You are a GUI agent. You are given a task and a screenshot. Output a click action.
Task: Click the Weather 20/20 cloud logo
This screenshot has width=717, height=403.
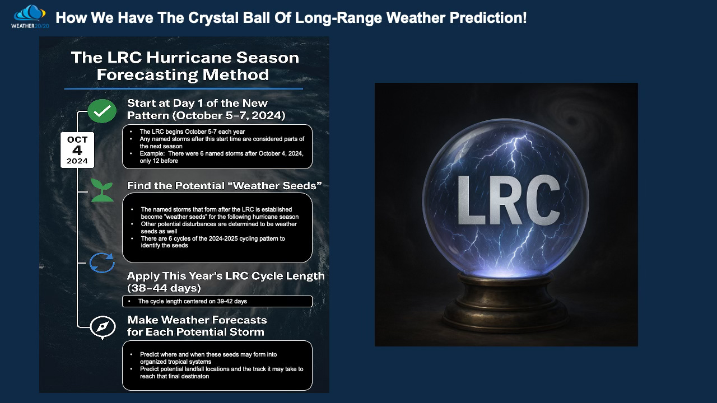(30, 17)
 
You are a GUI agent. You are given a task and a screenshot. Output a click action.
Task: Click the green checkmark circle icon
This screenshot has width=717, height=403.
(102, 111)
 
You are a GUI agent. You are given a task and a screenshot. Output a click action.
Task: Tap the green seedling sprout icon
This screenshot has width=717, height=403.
(102, 190)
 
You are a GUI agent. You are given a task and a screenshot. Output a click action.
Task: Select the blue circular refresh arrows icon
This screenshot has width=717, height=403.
(102, 263)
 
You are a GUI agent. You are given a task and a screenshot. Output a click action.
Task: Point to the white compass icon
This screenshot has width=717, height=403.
(103, 327)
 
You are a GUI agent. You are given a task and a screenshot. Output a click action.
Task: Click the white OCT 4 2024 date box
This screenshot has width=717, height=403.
(77, 150)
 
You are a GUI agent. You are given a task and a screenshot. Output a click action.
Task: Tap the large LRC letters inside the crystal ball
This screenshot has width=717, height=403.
(509, 200)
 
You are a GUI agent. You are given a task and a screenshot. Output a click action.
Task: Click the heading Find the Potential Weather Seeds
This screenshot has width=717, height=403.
(225, 185)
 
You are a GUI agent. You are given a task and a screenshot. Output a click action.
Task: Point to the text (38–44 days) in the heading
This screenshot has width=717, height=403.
(164, 288)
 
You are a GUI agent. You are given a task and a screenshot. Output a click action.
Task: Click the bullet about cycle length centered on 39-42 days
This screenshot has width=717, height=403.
(192, 301)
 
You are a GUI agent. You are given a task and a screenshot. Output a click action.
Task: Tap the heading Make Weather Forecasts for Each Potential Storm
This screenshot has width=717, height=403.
(197, 326)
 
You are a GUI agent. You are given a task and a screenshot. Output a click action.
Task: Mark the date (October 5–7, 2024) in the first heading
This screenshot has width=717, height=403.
(229, 115)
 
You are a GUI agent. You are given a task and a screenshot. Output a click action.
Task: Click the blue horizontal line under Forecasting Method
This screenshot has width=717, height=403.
(183, 88)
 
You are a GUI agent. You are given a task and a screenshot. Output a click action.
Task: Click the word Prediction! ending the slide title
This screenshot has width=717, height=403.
(488, 17)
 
